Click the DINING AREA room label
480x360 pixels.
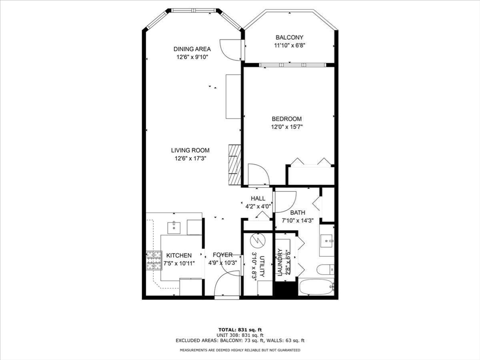(192, 49)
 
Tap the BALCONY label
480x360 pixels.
(289, 37)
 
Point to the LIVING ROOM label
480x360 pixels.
(190, 150)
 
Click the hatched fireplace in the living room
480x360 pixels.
(234, 164)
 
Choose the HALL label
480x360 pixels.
(258, 198)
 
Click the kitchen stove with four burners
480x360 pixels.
(153, 262)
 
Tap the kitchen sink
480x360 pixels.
(174, 227)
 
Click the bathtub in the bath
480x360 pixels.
(317, 287)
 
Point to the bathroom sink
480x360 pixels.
(327, 241)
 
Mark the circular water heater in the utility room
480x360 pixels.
(257, 240)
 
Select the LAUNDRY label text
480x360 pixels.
(280, 264)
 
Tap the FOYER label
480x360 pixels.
(223, 255)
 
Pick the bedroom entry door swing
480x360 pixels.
(258, 174)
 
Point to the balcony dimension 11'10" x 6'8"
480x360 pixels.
(289, 45)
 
